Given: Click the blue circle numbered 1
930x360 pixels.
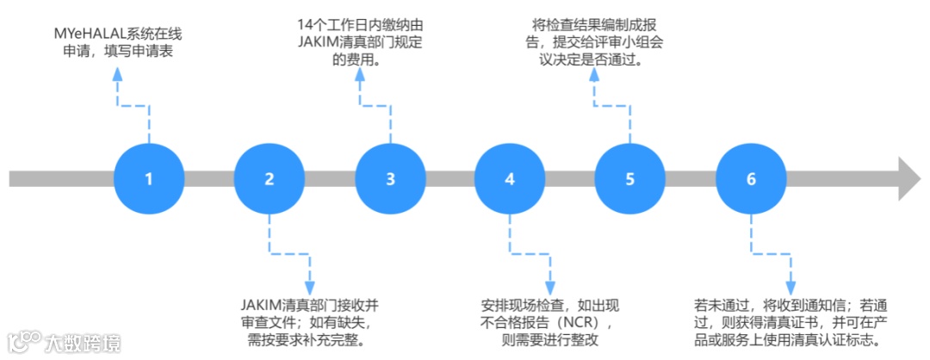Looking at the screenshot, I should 148,179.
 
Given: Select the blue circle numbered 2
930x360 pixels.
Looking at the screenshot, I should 269,179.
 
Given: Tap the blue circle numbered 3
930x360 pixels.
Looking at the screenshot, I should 390,179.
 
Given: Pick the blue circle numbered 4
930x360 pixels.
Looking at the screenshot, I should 510,179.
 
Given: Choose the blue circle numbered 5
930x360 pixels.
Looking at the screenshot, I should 629,179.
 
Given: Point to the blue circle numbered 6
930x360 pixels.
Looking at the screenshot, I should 751,179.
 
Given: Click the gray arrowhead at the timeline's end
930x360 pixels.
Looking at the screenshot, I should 909,179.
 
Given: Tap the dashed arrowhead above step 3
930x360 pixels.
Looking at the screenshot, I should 359,78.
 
